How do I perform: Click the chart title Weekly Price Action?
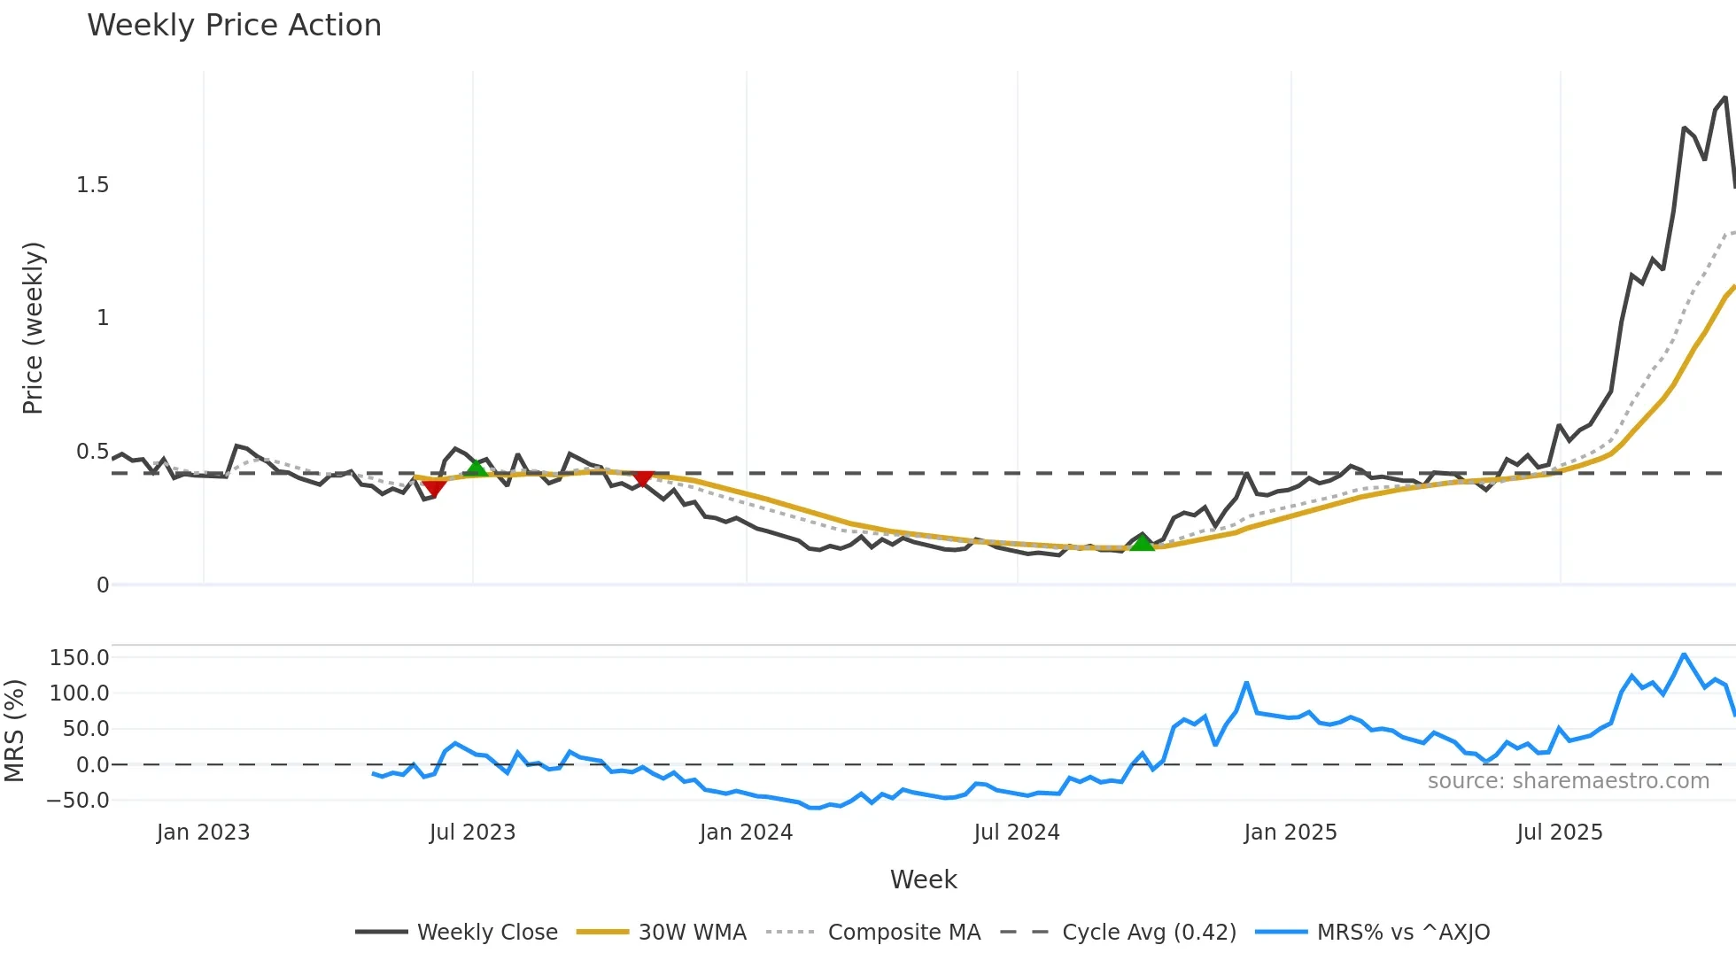pos(234,26)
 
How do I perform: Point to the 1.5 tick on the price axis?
pos(92,185)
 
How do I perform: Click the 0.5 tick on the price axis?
pos(92,452)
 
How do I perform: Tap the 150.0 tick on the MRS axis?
pos(79,658)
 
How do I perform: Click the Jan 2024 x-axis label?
pos(746,833)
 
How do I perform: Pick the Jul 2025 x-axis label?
pos(1560,833)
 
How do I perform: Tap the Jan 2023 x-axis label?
pos(203,833)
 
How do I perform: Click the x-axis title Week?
pos(923,879)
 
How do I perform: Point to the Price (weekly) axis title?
pos(33,328)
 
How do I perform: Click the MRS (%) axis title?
pos(14,731)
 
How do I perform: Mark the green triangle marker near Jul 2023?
pos(477,468)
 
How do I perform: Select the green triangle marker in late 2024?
pos(1143,542)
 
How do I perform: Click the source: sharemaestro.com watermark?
pos(1568,781)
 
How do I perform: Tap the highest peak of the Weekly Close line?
pos(1724,97)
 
